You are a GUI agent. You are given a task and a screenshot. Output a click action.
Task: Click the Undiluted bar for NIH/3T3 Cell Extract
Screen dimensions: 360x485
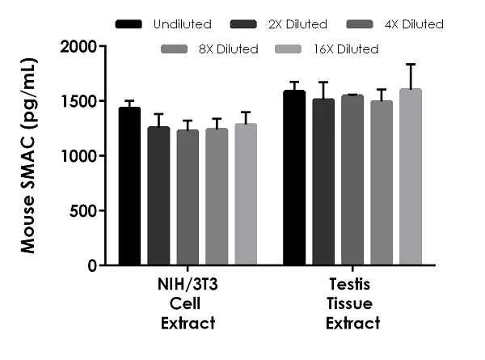click(129, 187)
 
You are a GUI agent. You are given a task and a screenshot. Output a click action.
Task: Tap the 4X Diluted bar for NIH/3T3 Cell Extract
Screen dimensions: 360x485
click(188, 198)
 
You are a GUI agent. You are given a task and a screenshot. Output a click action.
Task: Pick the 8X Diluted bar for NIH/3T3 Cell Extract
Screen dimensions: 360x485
click(217, 197)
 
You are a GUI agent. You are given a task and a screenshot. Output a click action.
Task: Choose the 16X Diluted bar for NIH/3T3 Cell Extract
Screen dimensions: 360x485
click(246, 195)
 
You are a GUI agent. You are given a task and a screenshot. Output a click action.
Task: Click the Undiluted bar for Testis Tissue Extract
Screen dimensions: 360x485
click(294, 178)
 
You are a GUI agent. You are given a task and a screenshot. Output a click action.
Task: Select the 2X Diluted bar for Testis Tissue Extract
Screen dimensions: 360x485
click(323, 182)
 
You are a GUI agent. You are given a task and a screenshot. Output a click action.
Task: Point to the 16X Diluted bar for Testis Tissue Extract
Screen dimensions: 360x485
click(411, 177)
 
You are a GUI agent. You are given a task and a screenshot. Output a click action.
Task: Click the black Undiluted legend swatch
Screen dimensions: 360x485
click(129, 24)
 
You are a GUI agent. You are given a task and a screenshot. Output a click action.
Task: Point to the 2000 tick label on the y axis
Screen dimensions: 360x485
click(79, 46)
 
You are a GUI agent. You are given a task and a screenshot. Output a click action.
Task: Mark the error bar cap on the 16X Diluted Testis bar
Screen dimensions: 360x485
click(411, 65)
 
